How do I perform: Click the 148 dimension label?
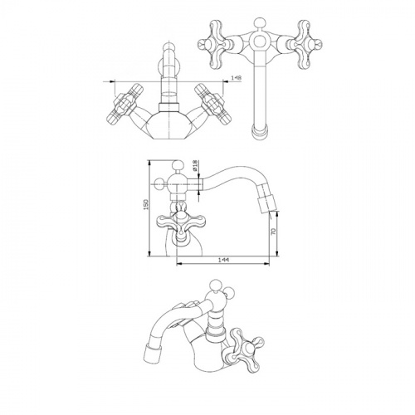(237, 78)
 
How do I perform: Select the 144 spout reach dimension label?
(223, 260)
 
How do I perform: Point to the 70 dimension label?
(274, 232)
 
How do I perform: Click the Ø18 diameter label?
(194, 165)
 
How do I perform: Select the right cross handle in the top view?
(305, 44)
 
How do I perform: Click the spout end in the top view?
(260, 131)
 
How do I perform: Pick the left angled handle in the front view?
(125, 103)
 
